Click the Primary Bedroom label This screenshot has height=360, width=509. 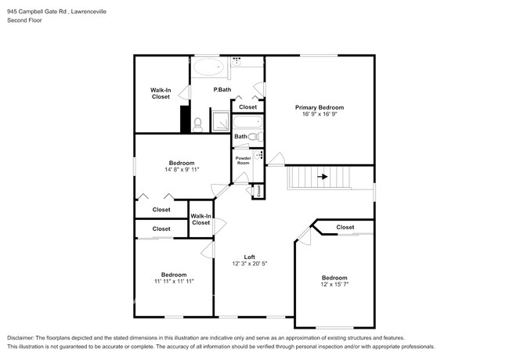click(x=319, y=107)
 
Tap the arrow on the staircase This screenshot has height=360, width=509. click(x=322, y=178)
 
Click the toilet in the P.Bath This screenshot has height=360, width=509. click(x=198, y=124)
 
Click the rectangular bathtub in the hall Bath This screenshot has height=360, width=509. click(x=249, y=121)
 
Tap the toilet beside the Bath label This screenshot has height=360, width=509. click(x=254, y=136)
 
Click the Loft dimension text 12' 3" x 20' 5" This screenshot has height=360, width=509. click(x=250, y=265)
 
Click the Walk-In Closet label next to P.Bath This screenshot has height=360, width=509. click(x=161, y=94)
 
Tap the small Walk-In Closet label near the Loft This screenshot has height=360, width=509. click(x=201, y=219)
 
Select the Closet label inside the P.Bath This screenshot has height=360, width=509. click(x=247, y=107)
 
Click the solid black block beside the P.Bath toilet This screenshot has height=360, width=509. click(x=186, y=120)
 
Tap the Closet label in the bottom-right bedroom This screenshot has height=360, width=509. click(x=345, y=227)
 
